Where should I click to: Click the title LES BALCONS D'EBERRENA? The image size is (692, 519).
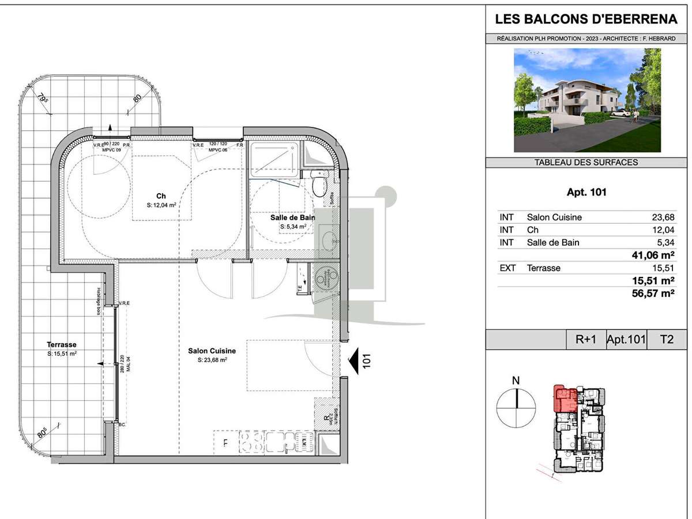(x=586, y=20)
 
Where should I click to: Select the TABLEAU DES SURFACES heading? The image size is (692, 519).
(x=586, y=163)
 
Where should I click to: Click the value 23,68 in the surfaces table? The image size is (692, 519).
(x=663, y=217)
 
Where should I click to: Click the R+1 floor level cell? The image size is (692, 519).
(x=586, y=340)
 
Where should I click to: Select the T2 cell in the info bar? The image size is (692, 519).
(x=666, y=340)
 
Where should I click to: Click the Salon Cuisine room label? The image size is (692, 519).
(x=212, y=351)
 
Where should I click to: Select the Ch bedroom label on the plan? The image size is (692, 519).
(x=161, y=196)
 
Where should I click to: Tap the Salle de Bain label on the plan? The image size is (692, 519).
(x=292, y=217)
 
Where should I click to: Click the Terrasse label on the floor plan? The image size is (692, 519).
(x=62, y=344)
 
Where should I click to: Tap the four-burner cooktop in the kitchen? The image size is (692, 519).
(x=252, y=442)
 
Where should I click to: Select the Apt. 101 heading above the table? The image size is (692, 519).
(x=586, y=193)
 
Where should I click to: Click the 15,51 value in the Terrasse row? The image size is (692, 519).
(x=663, y=268)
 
